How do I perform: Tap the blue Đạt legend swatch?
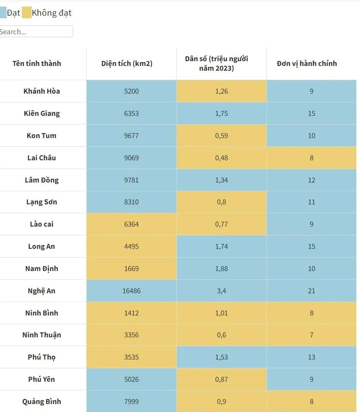(x=3, y=13)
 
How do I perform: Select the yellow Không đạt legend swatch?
(x=27, y=13)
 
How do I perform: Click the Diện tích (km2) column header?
(x=127, y=63)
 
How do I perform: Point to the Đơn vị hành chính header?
(x=307, y=63)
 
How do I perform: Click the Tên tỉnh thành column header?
(x=37, y=63)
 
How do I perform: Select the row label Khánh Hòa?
(x=41, y=91)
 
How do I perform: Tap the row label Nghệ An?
(x=41, y=291)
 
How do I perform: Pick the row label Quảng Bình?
(x=41, y=401)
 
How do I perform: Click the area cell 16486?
(x=131, y=291)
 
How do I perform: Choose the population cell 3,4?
(x=221, y=291)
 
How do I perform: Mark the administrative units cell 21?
(x=312, y=291)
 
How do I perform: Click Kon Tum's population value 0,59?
(x=221, y=136)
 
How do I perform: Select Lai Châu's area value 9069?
(x=131, y=158)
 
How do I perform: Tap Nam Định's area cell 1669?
(x=131, y=268)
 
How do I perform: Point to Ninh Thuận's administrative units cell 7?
(x=312, y=335)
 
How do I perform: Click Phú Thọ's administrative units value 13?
(x=312, y=357)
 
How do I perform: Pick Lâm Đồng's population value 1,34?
(x=221, y=180)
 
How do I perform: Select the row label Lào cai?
(x=41, y=224)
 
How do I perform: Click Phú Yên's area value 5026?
(x=131, y=379)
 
